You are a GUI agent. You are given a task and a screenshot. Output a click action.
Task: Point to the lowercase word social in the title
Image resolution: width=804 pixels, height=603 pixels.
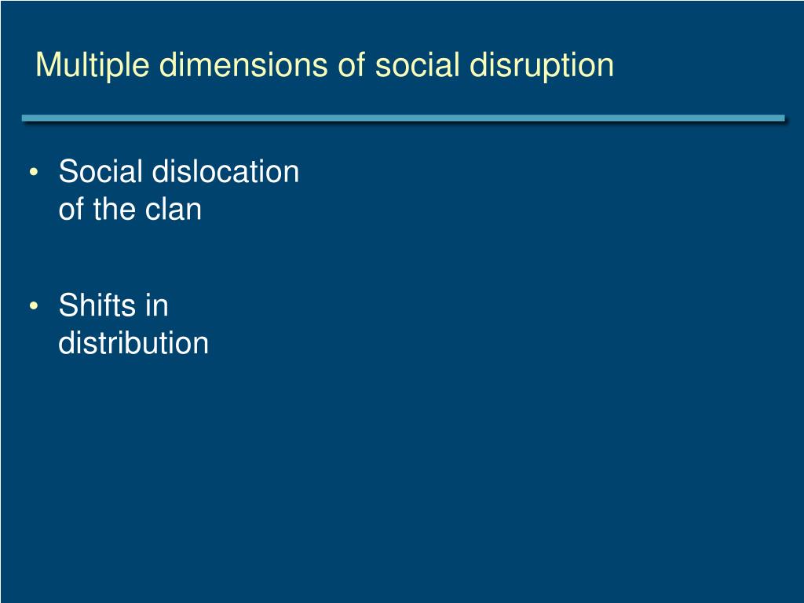click(x=417, y=65)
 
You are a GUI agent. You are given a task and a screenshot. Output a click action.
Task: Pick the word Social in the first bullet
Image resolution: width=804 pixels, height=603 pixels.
click(x=100, y=172)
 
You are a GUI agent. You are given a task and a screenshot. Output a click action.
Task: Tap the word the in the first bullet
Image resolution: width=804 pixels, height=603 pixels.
click(x=113, y=210)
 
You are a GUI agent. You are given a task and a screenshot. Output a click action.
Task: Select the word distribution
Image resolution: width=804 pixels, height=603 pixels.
click(x=133, y=343)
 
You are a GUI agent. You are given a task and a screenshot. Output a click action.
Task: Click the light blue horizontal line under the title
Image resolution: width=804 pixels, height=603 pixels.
click(x=402, y=119)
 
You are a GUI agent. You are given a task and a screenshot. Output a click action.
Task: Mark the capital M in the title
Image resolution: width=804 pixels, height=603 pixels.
click(x=47, y=65)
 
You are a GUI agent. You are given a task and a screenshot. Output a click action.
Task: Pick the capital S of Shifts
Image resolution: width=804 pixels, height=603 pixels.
click(x=68, y=305)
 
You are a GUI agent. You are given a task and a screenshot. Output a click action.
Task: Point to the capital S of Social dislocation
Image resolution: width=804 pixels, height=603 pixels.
click(x=68, y=172)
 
